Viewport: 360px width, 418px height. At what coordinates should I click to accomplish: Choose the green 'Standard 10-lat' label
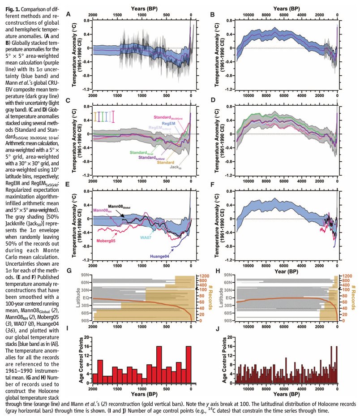click(141, 153)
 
